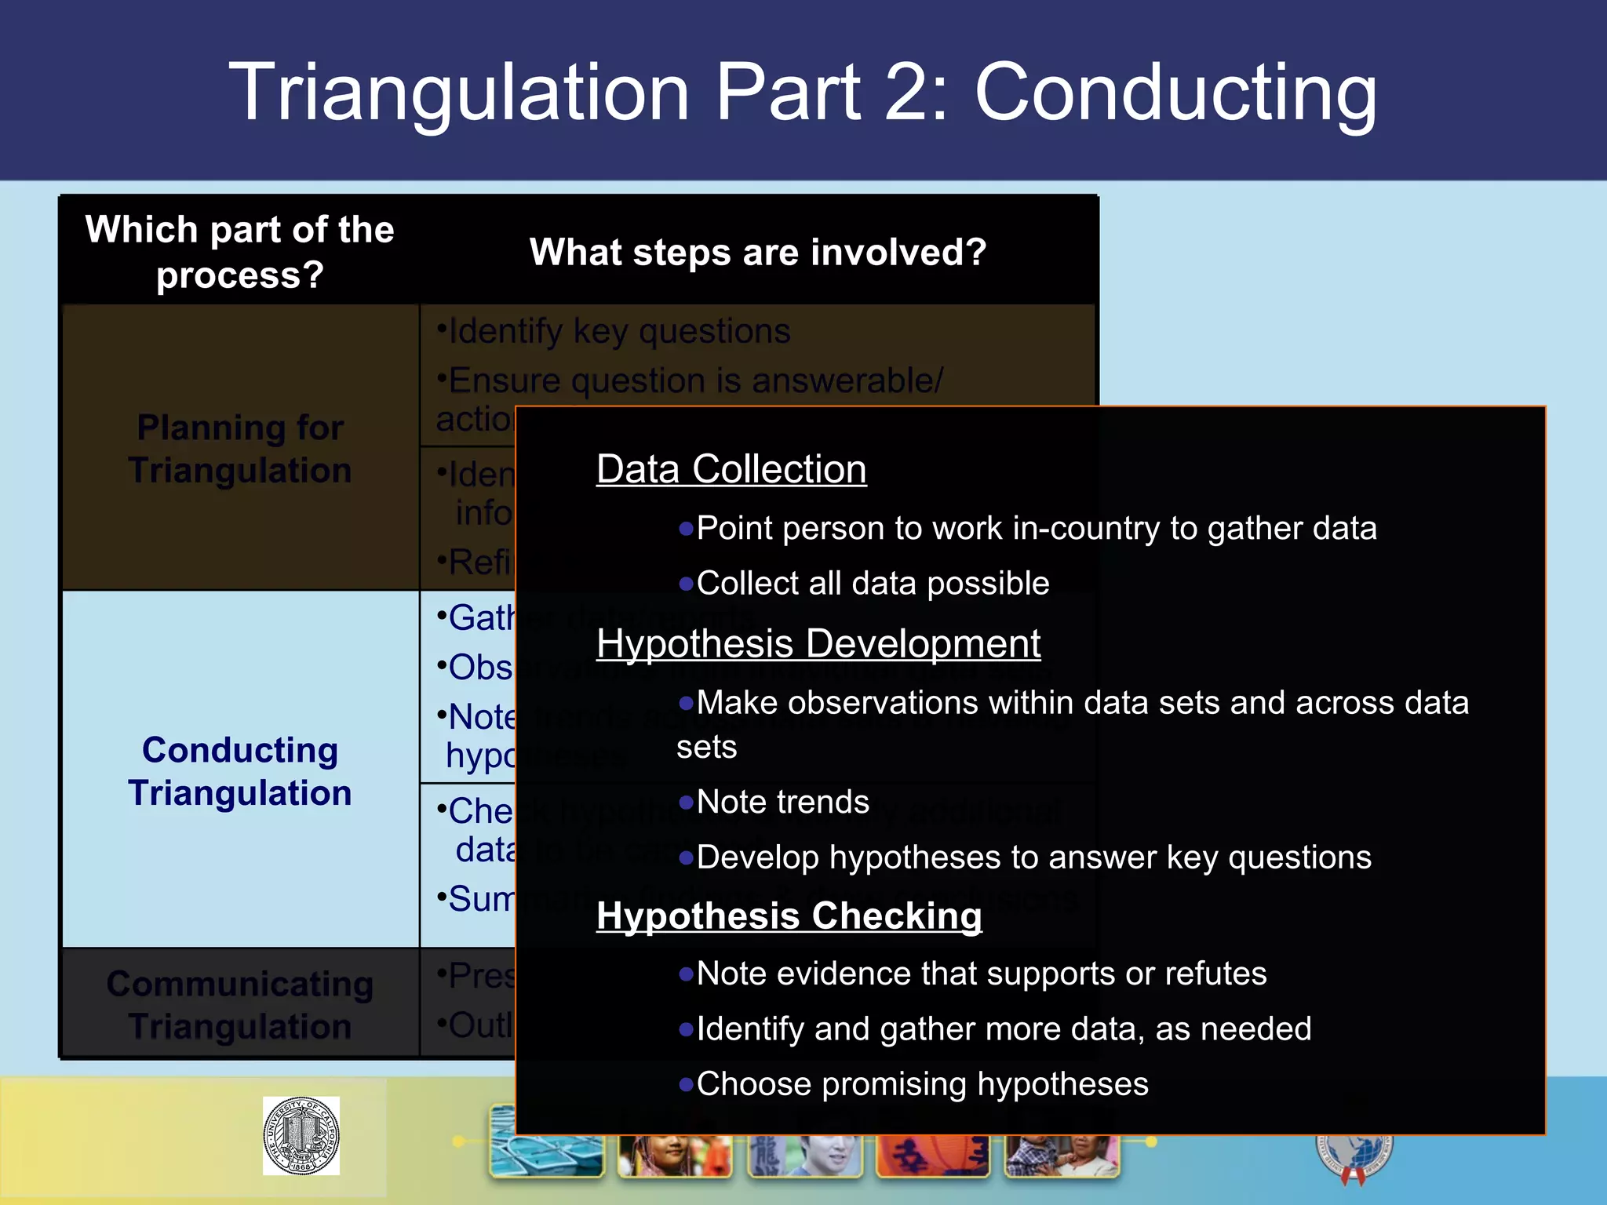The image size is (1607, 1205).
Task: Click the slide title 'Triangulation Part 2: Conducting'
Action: [x=802, y=93]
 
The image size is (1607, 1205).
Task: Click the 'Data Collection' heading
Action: [x=731, y=469]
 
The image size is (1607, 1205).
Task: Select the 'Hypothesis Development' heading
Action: [x=818, y=644]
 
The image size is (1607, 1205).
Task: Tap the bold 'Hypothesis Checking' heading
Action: [x=789, y=916]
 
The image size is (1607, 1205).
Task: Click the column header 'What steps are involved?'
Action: [x=757, y=253]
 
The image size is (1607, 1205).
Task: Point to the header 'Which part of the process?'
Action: [x=240, y=252]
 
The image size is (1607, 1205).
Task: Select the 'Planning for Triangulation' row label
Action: [x=240, y=449]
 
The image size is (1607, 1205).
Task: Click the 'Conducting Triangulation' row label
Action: [x=240, y=771]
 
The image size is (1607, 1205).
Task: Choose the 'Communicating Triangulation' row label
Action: [x=240, y=1005]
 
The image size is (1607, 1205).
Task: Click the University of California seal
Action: [x=301, y=1135]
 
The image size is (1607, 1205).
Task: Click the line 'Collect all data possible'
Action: [x=873, y=584]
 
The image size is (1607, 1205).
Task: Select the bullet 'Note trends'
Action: [x=782, y=803]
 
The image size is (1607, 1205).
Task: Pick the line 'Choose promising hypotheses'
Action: [x=922, y=1084]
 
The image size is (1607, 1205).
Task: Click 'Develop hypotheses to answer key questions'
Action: [x=1033, y=857]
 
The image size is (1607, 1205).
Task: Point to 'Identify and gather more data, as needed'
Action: [x=1004, y=1028]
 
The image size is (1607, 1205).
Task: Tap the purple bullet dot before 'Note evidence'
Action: [x=686, y=974]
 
